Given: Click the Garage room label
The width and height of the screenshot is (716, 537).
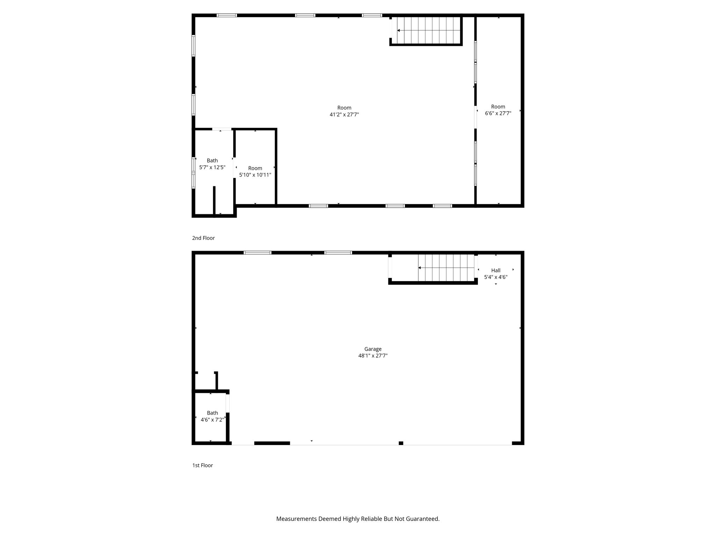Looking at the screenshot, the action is [373, 349].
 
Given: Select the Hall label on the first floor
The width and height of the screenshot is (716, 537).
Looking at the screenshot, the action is [496, 270].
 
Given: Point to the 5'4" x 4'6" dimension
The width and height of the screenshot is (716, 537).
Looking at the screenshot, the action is [496, 277].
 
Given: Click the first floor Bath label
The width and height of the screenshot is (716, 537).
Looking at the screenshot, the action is [212, 413].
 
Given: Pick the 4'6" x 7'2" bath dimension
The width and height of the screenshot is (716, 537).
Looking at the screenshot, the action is [212, 420].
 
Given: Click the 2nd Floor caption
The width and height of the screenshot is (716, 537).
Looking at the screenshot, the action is [203, 238].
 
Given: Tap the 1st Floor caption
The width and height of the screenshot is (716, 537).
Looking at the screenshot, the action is [202, 465].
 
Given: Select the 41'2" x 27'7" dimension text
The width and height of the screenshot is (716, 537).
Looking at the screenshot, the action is [344, 114].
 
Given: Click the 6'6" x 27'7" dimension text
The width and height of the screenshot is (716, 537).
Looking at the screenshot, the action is [498, 113].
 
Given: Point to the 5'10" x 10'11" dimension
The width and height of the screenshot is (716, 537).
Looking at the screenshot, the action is [255, 175].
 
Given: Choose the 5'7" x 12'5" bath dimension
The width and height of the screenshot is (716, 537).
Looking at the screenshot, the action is [212, 167].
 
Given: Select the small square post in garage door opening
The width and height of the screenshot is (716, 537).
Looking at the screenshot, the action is [401, 443].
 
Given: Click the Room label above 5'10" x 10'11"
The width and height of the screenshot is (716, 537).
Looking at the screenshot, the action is [255, 168].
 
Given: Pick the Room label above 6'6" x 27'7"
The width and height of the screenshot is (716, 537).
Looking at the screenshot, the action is [498, 107].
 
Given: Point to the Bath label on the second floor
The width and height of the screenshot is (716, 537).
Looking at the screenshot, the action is [212, 160].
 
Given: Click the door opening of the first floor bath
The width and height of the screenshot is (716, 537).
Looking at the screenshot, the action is [228, 403].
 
